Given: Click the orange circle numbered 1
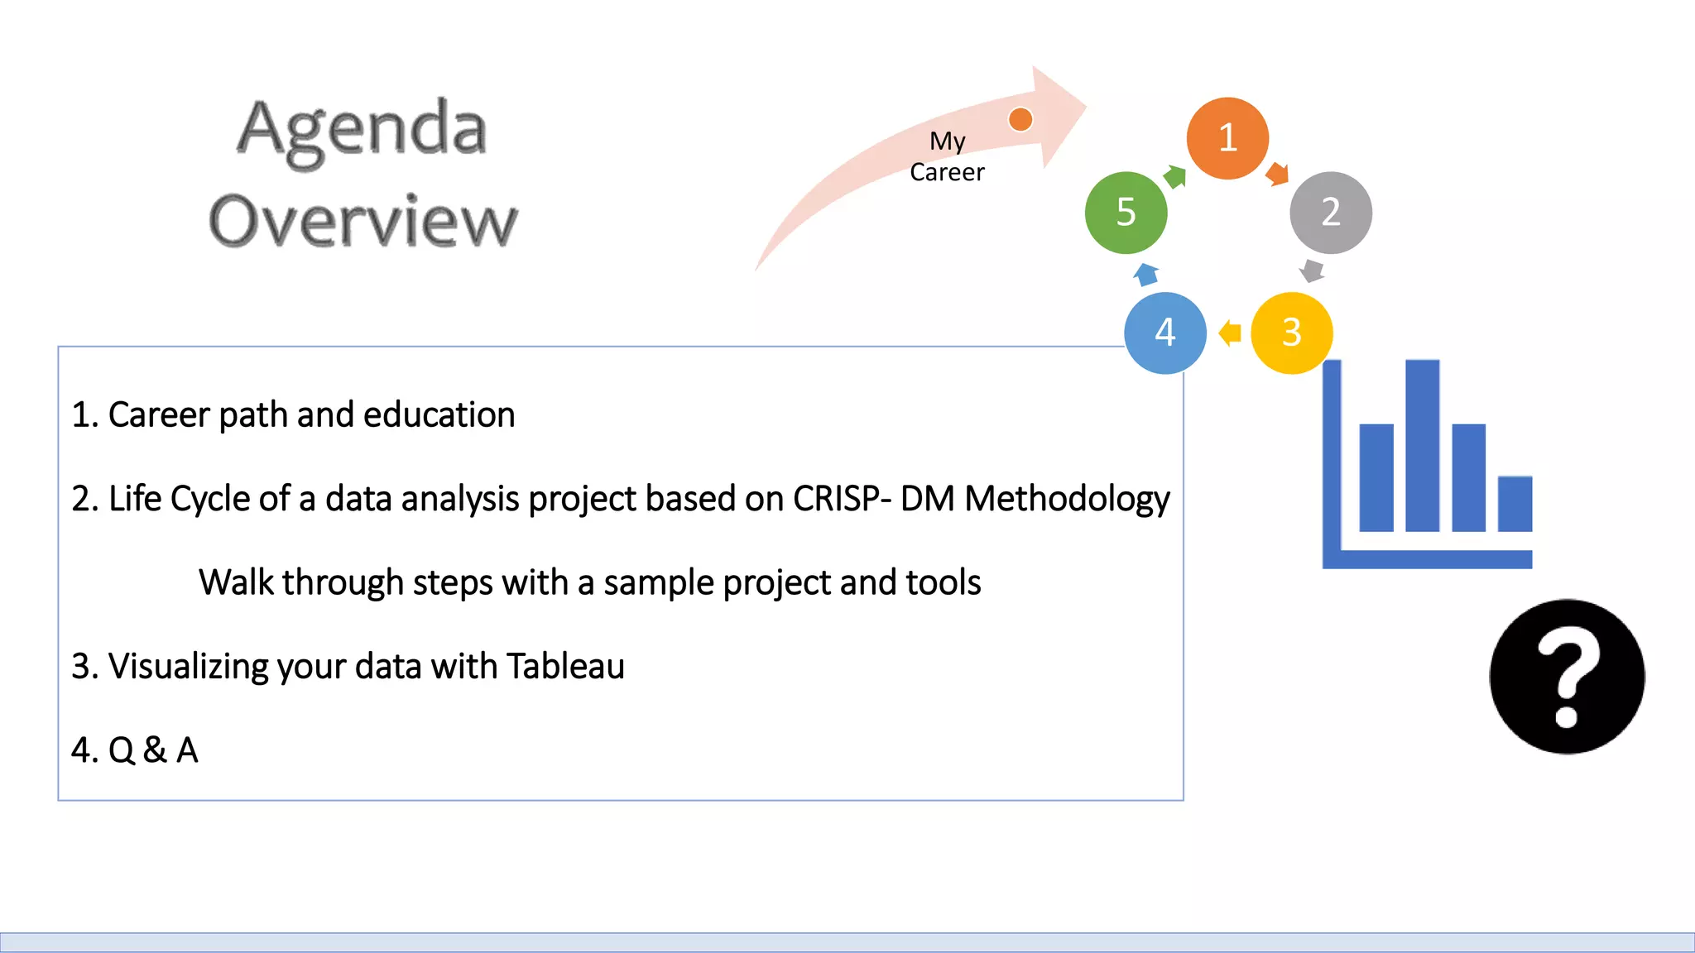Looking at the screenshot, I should pyautogui.click(x=1227, y=138).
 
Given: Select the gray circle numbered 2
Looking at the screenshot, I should pyautogui.click(x=1330, y=213).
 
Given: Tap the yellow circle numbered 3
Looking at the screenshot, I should pyautogui.click(x=1291, y=333).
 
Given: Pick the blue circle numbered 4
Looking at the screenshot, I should pyautogui.click(x=1165, y=333).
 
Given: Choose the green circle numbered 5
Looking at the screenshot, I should pyautogui.click(x=1126, y=213).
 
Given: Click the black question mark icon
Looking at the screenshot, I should pyautogui.click(x=1567, y=677).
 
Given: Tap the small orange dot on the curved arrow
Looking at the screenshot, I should pyautogui.click(x=1020, y=119).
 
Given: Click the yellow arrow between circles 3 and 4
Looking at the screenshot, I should pyautogui.click(x=1230, y=333).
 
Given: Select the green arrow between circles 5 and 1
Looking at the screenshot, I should pyautogui.click(x=1175, y=175).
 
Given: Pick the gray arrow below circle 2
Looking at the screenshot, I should pyautogui.click(x=1312, y=271).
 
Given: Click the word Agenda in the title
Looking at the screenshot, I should pyautogui.click(x=362, y=130).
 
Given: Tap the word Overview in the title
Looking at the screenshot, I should pyautogui.click(x=363, y=221).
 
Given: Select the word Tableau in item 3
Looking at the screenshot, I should pyautogui.click(x=565, y=666).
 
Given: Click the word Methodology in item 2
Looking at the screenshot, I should pyautogui.click(x=1067, y=499).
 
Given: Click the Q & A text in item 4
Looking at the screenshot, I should pyautogui.click(x=153, y=750).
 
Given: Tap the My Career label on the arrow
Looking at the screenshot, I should pyautogui.click(x=947, y=156).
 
